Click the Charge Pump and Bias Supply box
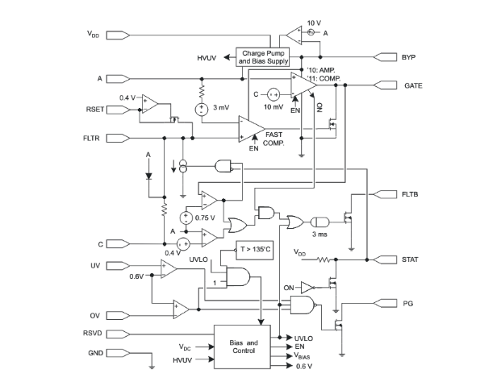click(x=263, y=57)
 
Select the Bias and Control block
click(x=242, y=347)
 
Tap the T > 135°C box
click(x=254, y=250)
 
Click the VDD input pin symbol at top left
click(x=118, y=35)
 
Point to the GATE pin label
click(x=413, y=85)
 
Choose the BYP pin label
click(x=408, y=57)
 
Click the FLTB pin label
click(x=410, y=194)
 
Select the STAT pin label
click(x=410, y=259)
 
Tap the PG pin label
click(x=408, y=304)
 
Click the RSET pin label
click(x=95, y=110)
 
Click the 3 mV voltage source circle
click(x=202, y=110)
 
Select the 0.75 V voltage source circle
click(x=186, y=218)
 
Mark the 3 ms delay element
click(x=320, y=222)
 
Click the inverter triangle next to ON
click(x=307, y=288)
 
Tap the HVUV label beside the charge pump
click(x=207, y=58)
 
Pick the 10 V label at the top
click(x=314, y=23)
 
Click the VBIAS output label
click(x=303, y=355)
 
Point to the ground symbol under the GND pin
click(x=152, y=367)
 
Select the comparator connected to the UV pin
click(x=169, y=269)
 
